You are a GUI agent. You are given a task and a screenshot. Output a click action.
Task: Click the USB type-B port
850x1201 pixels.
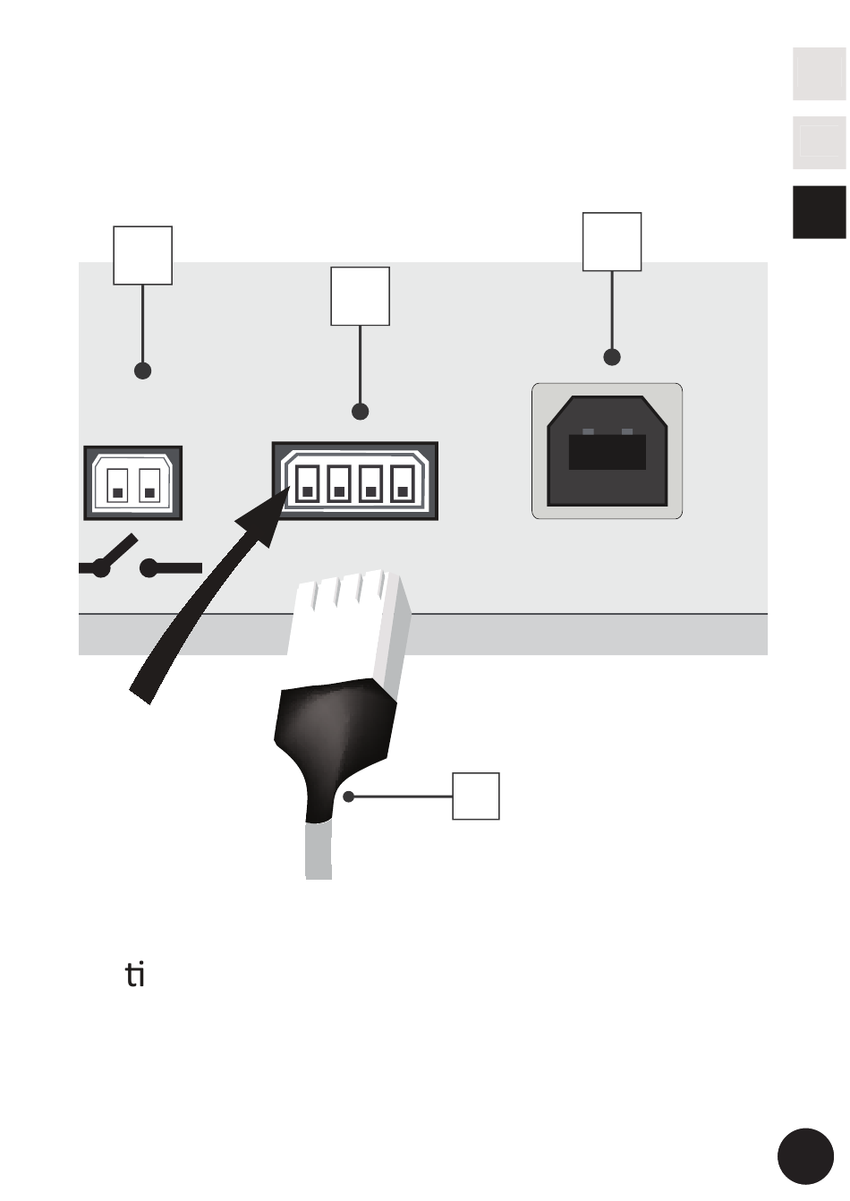point(608,451)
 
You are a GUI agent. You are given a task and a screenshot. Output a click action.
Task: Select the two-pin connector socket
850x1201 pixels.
point(132,483)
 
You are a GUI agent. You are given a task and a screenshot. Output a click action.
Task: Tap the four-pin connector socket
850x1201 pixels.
point(355,481)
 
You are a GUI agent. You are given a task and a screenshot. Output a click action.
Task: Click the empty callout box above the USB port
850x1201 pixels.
point(612,242)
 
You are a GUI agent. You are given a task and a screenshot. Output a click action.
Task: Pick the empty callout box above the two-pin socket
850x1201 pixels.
point(142,255)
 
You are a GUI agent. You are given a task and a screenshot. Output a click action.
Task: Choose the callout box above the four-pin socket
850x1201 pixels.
point(360,296)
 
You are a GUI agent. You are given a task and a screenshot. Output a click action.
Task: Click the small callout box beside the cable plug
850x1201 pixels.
point(475,796)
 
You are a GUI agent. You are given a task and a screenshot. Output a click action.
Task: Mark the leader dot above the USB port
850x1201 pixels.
point(612,357)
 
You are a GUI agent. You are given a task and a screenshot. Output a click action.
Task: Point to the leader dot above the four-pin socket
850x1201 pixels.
point(360,412)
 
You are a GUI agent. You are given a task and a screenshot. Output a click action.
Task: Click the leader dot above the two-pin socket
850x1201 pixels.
point(142,371)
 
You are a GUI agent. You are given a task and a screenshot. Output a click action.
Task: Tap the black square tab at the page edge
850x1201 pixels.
point(819,212)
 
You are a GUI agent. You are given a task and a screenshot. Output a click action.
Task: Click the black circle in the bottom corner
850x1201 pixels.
point(805,1156)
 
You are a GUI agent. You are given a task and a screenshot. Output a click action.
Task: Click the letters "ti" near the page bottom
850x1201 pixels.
point(135,975)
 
